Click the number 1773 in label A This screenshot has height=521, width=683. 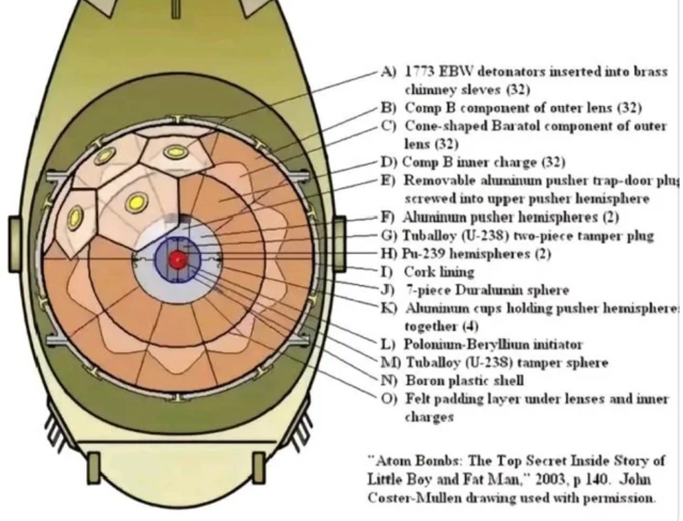pyautogui.click(x=421, y=73)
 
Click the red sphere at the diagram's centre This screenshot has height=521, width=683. pyautogui.click(x=178, y=258)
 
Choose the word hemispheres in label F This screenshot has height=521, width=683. pyautogui.click(x=558, y=217)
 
